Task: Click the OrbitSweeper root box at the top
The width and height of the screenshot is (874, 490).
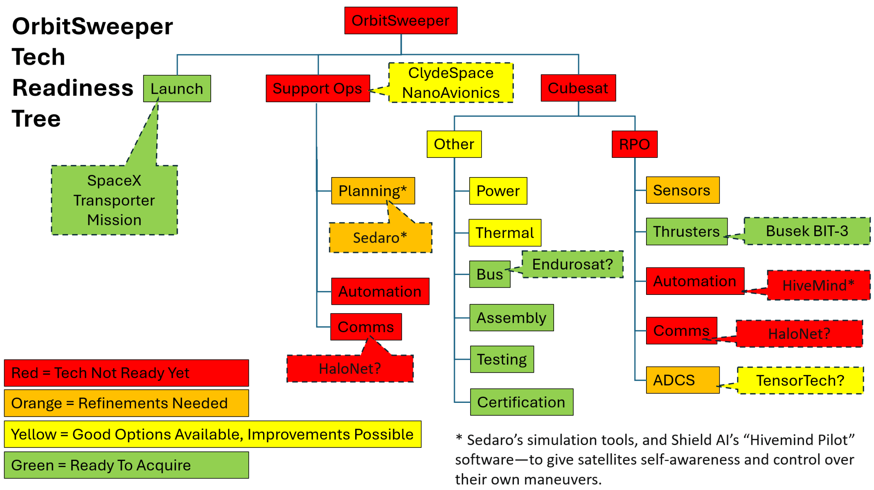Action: tap(401, 20)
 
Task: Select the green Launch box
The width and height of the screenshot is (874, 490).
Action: tap(177, 88)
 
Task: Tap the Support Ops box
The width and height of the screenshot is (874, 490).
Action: tap(318, 88)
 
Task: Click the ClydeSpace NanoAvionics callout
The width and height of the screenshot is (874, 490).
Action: tap(451, 83)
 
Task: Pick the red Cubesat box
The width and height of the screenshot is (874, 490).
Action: tap(578, 88)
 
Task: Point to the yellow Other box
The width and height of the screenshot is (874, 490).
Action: tap(454, 144)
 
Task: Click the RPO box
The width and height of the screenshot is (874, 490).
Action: tap(634, 144)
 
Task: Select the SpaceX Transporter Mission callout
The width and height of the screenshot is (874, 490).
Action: tap(114, 200)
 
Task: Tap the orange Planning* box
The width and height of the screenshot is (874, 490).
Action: tap(373, 191)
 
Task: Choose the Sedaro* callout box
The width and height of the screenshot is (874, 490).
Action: tap(380, 238)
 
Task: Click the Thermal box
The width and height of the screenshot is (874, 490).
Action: tap(505, 233)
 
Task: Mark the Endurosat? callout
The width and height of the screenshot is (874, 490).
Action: tap(572, 264)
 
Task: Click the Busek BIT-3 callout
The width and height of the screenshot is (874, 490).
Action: tap(806, 231)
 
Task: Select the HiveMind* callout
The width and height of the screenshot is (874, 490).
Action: tap(818, 285)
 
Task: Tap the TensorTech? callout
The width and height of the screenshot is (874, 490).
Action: tap(800, 380)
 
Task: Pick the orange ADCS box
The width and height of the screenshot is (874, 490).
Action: tap(682, 380)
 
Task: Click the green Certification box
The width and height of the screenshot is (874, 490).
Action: tap(521, 402)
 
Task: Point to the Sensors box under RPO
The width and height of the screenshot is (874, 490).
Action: tap(682, 190)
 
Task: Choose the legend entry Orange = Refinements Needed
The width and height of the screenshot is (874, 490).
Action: tap(126, 403)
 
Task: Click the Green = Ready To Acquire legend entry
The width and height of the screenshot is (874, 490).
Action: tap(126, 465)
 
